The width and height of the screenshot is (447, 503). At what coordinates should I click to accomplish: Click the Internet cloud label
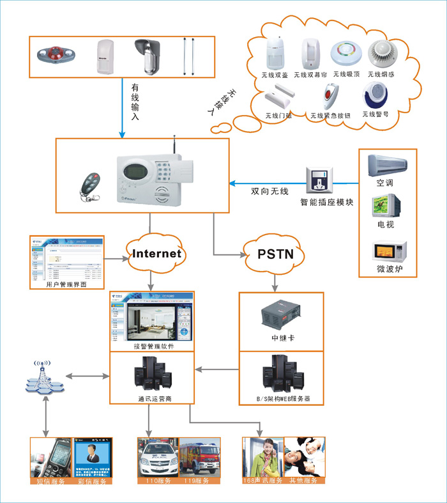coord(156,254)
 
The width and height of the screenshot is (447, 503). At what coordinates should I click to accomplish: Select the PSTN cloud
coord(275,254)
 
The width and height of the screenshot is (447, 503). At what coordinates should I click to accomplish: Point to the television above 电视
coord(387,206)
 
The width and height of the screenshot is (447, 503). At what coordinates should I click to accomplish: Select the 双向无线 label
coord(268,191)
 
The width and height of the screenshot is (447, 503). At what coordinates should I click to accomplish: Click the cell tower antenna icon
coord(43,377)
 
